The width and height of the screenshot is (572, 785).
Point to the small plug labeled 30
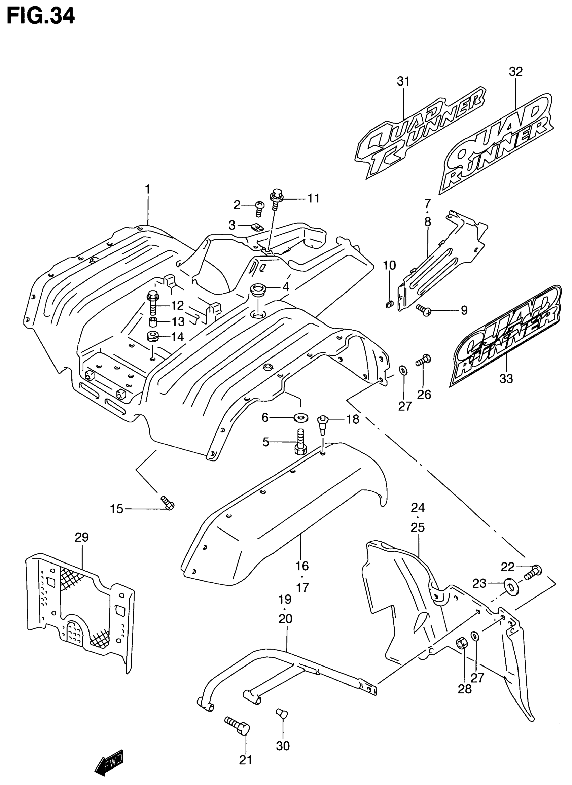[282, 714]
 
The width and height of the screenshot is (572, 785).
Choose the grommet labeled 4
[257, 288]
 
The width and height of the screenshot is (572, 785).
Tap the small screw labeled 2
[259, 209]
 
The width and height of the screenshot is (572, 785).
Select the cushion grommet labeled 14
[153, 336]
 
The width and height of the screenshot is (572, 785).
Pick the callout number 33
[506, 379]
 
